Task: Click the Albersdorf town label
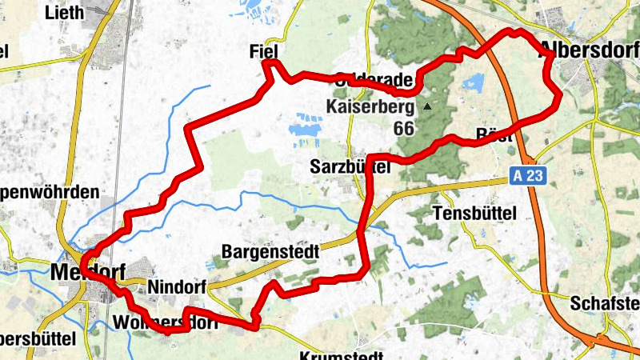click(x=590, y=46)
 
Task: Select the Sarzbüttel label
click(x=350, y=167)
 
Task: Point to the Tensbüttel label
click(x=474, y=214)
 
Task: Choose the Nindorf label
click(x=177, y=286)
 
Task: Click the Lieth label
click(x=64, y=12)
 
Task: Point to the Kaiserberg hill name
click(x=370, y=106)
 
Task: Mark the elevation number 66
click(x=404, y=128)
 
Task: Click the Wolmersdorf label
click(x=166, y=322)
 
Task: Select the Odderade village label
click(x=376, y=80)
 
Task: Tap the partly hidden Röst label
click(x=494, y=135)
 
